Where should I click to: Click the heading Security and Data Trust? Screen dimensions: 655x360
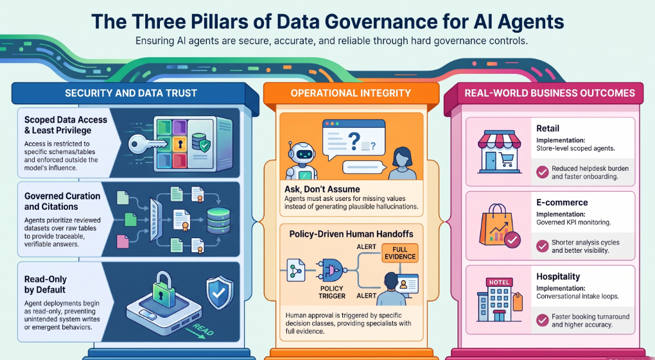(x=131, y=93)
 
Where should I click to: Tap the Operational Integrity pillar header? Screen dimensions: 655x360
(x=351, y=93)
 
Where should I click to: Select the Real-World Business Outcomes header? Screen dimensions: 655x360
(x=550, y=93)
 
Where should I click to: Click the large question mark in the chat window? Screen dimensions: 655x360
(x=354, y=141)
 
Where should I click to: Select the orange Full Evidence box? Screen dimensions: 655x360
(x=400, y=253)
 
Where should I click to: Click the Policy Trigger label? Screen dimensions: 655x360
(x=332, y=293)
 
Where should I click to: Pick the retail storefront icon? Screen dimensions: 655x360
(x=499, y=152)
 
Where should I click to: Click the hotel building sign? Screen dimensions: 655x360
(x=499, y=282)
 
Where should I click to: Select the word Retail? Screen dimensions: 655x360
(x=548, y=128)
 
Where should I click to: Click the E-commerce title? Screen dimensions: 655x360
(x=562, y=203)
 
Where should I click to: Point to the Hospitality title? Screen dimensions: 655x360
(x=558, y=277)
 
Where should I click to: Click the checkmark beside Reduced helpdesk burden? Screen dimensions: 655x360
(x=542, y=172)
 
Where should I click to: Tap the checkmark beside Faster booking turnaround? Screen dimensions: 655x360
(x=542, y=320)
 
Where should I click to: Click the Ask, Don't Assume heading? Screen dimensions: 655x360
(x=322, y=189)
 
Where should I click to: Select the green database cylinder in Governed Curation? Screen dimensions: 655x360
(x=218, y=221)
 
